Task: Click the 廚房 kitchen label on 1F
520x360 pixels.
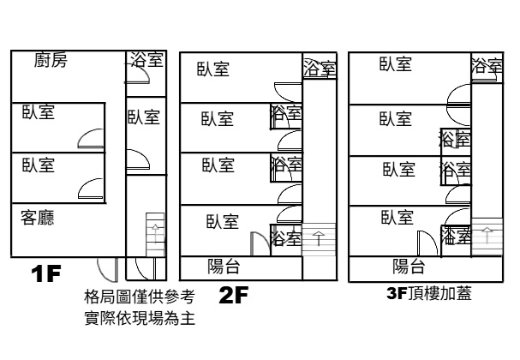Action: click(x=51, y=61)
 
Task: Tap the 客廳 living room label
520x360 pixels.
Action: click(x=38, y=219)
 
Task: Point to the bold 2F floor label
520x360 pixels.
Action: click(x=234, y=297)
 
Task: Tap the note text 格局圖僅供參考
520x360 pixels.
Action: click(x=140, y=297)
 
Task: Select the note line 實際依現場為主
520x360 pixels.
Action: click(x=140, y=320)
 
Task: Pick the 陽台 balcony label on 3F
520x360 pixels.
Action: click(x=409, y=265)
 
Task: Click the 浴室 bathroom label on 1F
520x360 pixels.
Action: click(x=146, y=60)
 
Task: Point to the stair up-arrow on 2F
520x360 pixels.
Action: click(x=319, y=237)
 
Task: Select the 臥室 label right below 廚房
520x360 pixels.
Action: click(x=39, y=111)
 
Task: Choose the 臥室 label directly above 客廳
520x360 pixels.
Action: click(x=39, y=165)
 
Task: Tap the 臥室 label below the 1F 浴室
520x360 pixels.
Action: click(x=143, y=117)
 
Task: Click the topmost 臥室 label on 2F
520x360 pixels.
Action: click(x=212, y=70)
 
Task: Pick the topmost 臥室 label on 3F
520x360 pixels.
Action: click(x=396, y=63)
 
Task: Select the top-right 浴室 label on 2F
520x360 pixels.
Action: click(x=319, y=69)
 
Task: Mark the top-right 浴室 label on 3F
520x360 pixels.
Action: click(x=487, y=66)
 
